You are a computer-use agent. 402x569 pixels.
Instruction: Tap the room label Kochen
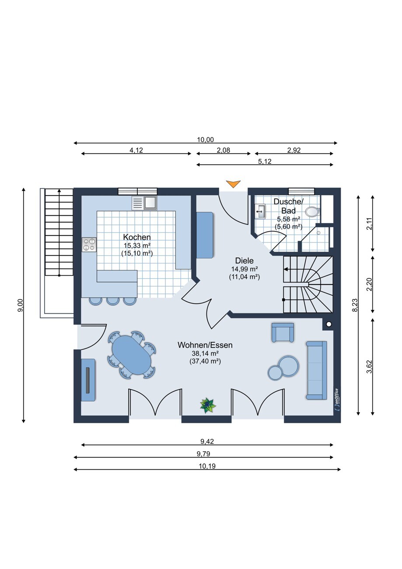point(137,237)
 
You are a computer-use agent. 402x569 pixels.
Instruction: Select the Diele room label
point(245,260)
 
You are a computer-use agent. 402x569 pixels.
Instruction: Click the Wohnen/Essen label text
point(205,345)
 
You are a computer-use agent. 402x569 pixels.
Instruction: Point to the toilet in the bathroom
point(313,211)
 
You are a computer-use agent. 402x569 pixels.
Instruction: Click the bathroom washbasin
point(260,211)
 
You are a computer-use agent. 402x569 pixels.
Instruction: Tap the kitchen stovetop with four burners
point(89,245)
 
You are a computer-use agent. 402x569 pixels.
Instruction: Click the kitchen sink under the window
point(144,203)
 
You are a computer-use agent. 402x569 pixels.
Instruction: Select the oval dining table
point(132,355)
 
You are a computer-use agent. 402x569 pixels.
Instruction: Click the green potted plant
point(208,405)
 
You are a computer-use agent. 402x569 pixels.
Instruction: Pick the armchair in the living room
point(283,333)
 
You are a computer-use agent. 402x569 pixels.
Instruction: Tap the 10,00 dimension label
point(206,140)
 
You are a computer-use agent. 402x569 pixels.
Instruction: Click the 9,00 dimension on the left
point(21,305)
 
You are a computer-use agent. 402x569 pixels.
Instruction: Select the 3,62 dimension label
point(370,367)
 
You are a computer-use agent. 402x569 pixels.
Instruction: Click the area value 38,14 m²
point(205,353)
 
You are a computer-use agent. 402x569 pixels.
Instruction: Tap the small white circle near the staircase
point(329,324)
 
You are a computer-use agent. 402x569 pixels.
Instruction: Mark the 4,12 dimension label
point(136,150)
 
